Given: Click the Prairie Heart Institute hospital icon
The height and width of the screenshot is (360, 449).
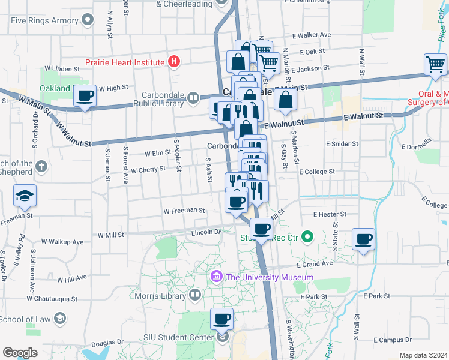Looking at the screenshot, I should [174, 61].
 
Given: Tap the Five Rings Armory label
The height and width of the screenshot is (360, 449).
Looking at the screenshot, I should [44, 20].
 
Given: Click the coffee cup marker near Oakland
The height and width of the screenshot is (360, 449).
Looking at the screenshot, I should [85, 95].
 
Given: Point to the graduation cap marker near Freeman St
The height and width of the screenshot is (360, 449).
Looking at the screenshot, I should [25, 196].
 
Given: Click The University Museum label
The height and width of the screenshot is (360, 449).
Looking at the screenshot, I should [268, 277].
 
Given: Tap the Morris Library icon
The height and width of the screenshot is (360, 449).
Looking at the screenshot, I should [194, 295].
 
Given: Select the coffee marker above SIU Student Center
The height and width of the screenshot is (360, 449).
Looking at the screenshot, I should [221, 319].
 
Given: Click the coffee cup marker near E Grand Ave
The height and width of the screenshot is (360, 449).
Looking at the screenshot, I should [363, 239].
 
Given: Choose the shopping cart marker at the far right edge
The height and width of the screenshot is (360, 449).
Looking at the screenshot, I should [435, 64].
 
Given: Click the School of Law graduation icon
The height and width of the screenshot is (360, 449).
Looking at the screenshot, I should [59, 318].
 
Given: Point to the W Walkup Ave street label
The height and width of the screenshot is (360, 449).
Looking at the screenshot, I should [62, 242].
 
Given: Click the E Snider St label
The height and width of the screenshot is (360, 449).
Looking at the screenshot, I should [342, 144].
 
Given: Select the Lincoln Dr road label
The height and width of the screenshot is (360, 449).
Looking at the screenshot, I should [206, 231].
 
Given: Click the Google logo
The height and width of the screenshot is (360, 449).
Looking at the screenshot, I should [20, 352].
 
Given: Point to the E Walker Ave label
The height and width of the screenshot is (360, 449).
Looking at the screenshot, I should [311, 35].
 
